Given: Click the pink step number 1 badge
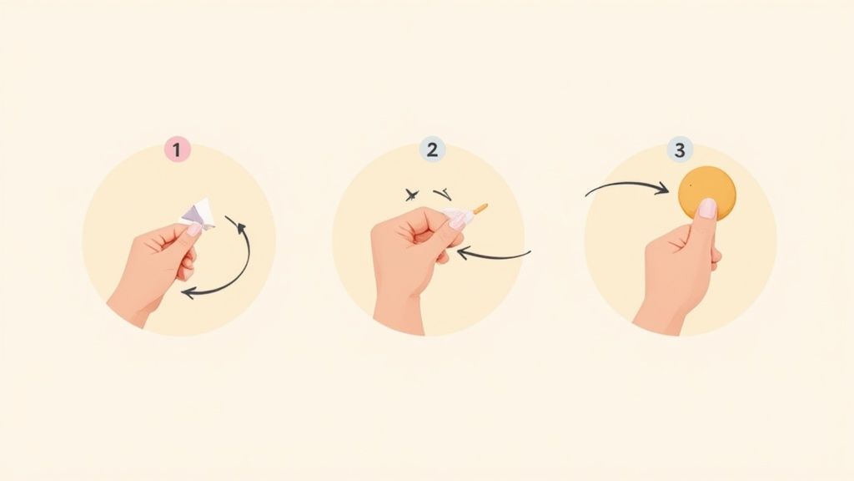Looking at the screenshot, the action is pyautogui.click(x=177, y=149).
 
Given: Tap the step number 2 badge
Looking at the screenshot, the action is pyautogui.click(x=433, y=149).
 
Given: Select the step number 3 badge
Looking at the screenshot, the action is pyautogui.click(x=679, y=149).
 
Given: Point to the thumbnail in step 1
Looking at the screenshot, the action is pyautogui.click(x=194, y=229).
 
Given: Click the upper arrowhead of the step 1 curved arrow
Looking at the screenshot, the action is pyautogui.click(x=230, y=220).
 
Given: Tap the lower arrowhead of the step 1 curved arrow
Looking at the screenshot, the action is pyautogui.click(x=188, y=293).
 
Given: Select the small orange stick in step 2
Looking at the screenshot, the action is pyautogui.click(x=480, y=207).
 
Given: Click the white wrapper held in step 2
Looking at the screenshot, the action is pyautogui.click(x=459, y=216).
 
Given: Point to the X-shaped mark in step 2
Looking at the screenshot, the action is pyautogui.click(x=412, y=194).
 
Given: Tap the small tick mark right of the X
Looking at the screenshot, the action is pyautogui.click(x=442, y=193).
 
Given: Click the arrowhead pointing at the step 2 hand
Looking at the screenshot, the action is pyautogui.click(x=463, y=252).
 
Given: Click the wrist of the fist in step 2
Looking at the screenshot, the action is pyautogui.click(x=398, y=314).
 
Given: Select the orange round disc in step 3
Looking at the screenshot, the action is pyautogui.click(x=707, y=194).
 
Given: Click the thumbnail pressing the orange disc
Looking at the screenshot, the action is pyautogui.click(x=707, y=208).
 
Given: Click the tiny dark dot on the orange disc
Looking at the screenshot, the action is pyautogui.click(x=691, y=185).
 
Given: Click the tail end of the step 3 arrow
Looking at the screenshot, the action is pyautogui.click(x=586, y=195).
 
